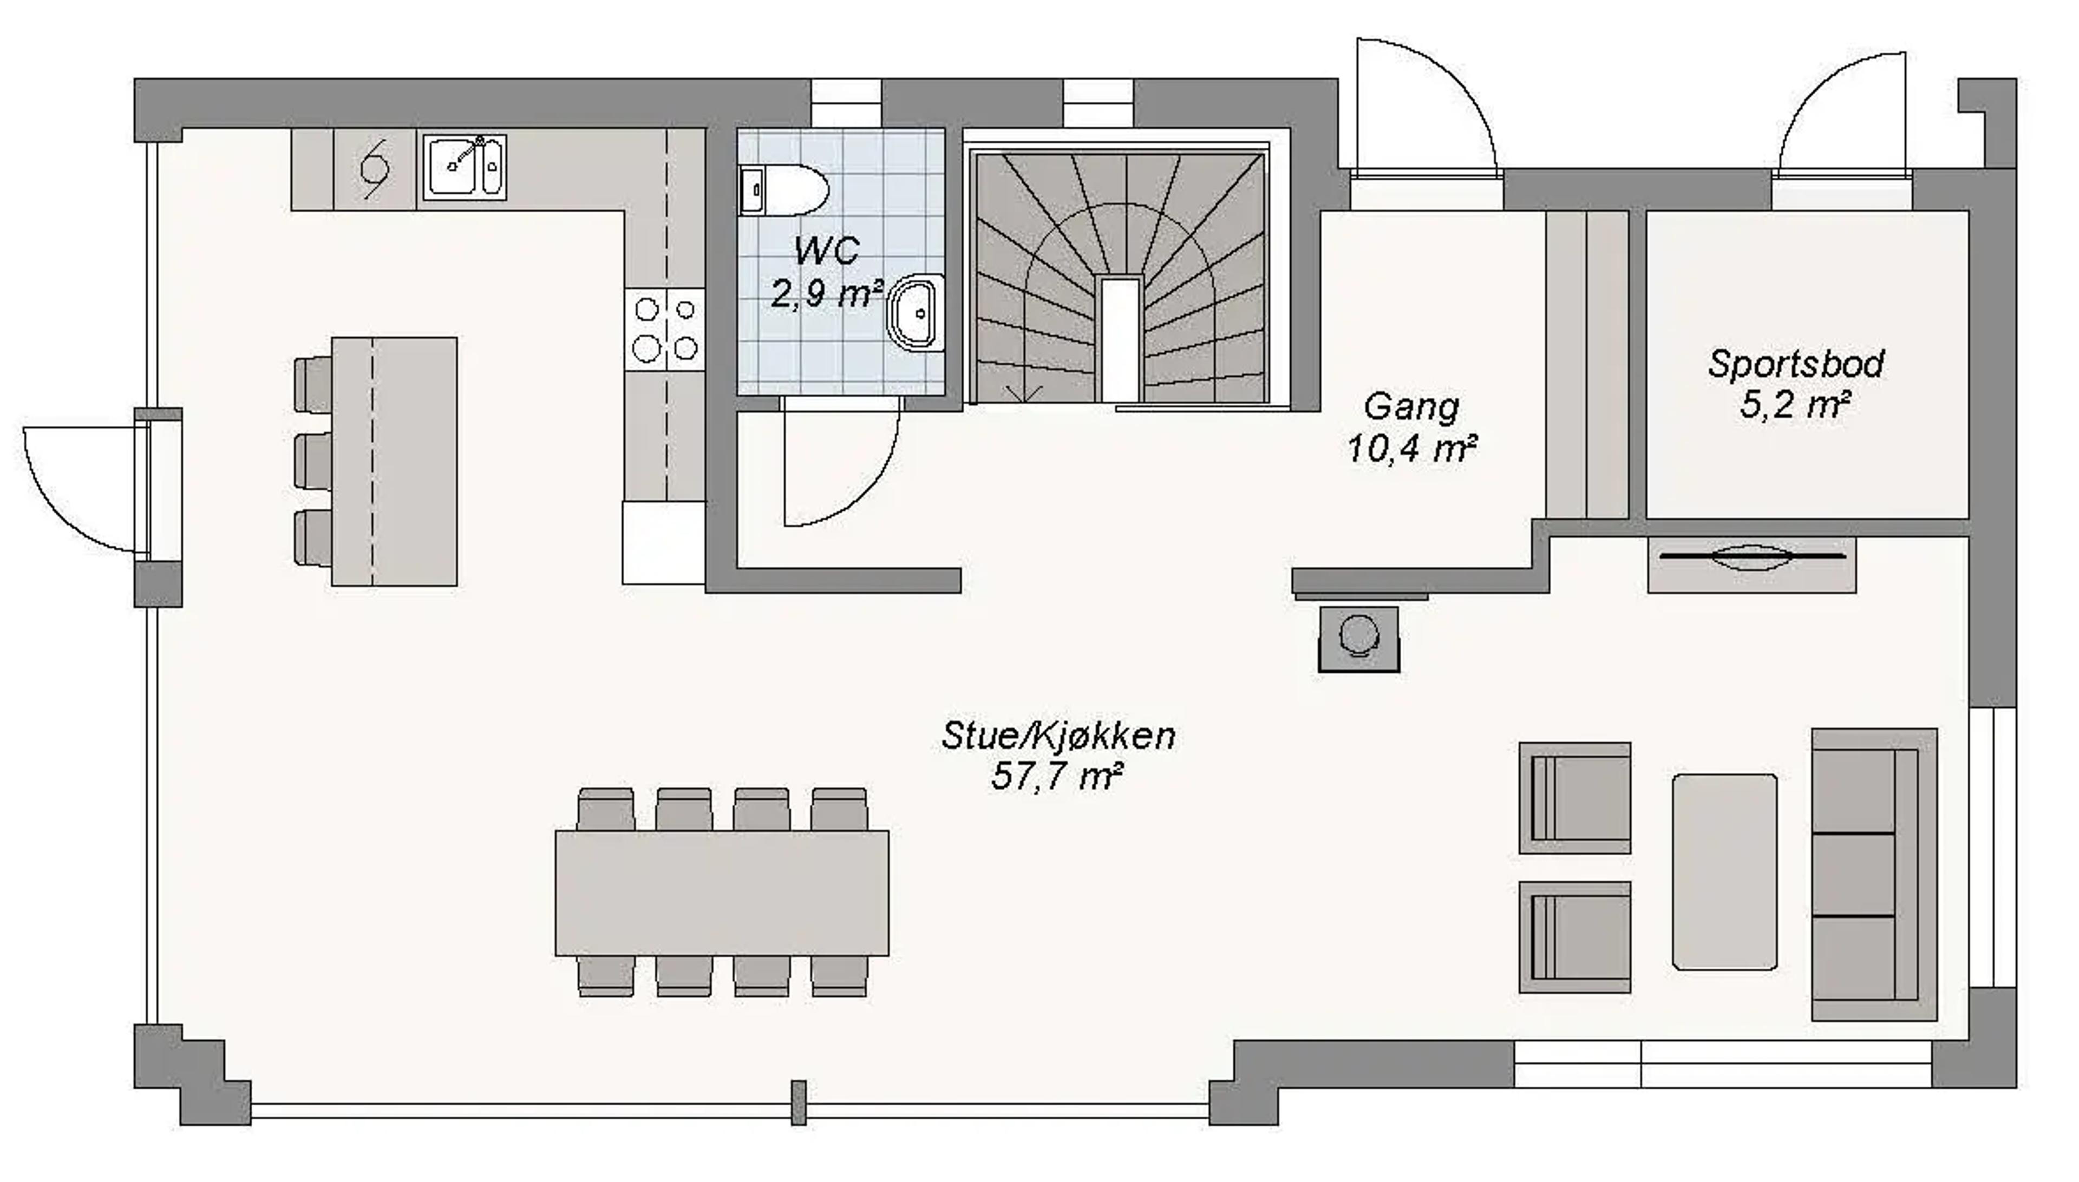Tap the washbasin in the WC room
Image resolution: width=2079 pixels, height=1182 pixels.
point(918,313)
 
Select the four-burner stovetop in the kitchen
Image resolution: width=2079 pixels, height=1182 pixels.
point(665,330)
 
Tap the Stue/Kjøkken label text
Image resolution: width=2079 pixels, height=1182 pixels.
point(1058,736)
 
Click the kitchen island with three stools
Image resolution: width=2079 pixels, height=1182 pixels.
point(395,461)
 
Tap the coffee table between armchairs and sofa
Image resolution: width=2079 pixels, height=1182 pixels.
point(1724,872)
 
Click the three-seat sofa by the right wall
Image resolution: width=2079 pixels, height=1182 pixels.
point(1872,875)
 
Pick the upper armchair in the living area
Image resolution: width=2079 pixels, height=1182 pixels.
point(1574,798)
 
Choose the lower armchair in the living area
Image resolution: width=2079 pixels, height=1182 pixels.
point(1574,937)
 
